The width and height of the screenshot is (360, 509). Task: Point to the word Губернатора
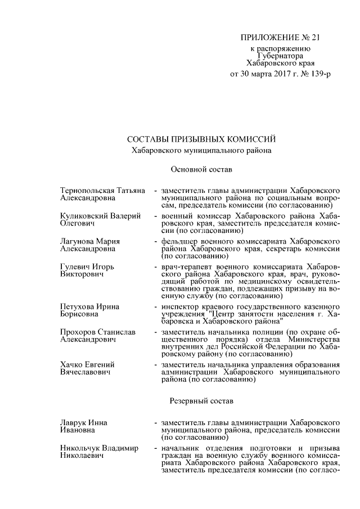click(x=280, y=56)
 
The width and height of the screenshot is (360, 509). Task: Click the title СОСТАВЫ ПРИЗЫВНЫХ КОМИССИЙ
click(x=202, y=139)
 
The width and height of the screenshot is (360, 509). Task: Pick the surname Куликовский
click(x=82, y=216)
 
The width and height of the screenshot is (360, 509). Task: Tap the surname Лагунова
click(x=78, y=242)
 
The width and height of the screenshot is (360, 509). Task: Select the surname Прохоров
click(x=78, y=332)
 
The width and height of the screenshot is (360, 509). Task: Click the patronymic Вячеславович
click(x=84, y=373)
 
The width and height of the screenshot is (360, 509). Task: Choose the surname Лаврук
click(x=73, y=422)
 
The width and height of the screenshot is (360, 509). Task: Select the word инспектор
click(x=179, y=306)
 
